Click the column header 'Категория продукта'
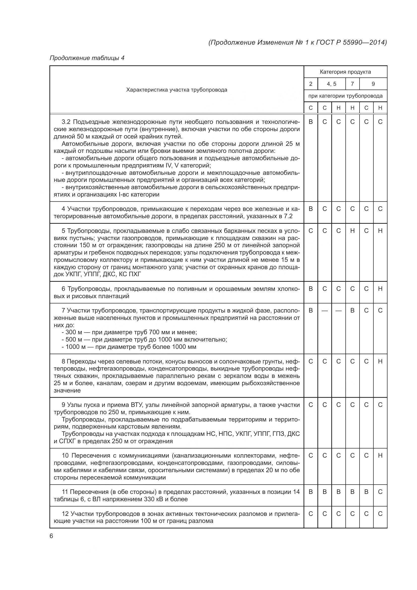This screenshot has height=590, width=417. pos(345,72)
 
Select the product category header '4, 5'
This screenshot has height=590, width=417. pos(331,84)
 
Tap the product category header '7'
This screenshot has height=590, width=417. pos(352,84)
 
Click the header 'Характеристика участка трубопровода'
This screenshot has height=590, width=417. pos(177,90)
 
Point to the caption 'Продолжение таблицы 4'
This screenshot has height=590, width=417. pos(87,58)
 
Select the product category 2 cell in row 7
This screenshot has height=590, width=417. pos(311,311)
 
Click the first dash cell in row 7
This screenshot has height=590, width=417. pos(324,311)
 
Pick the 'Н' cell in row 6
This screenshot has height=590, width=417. pos(380,289)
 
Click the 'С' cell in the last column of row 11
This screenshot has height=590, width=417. pos(380,492)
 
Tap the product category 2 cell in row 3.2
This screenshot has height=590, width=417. pos(311,122)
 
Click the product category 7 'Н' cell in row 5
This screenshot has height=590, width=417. pos(352,231)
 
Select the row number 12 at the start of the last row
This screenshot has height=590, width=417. pos(65,514)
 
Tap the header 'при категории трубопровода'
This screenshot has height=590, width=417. pos(345,96)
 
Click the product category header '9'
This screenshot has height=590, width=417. pos(373,84)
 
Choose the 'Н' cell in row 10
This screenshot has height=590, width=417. pos(380,456)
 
